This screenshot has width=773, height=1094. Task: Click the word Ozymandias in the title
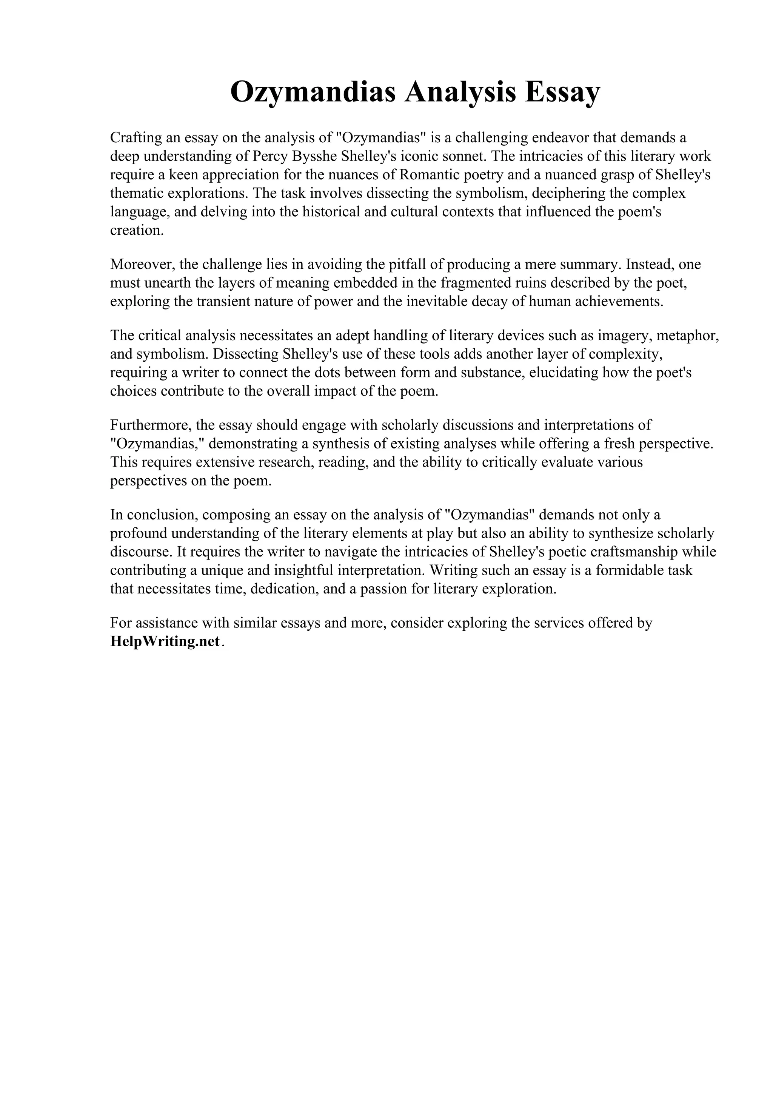313,92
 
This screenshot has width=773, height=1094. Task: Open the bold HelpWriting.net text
165,641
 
